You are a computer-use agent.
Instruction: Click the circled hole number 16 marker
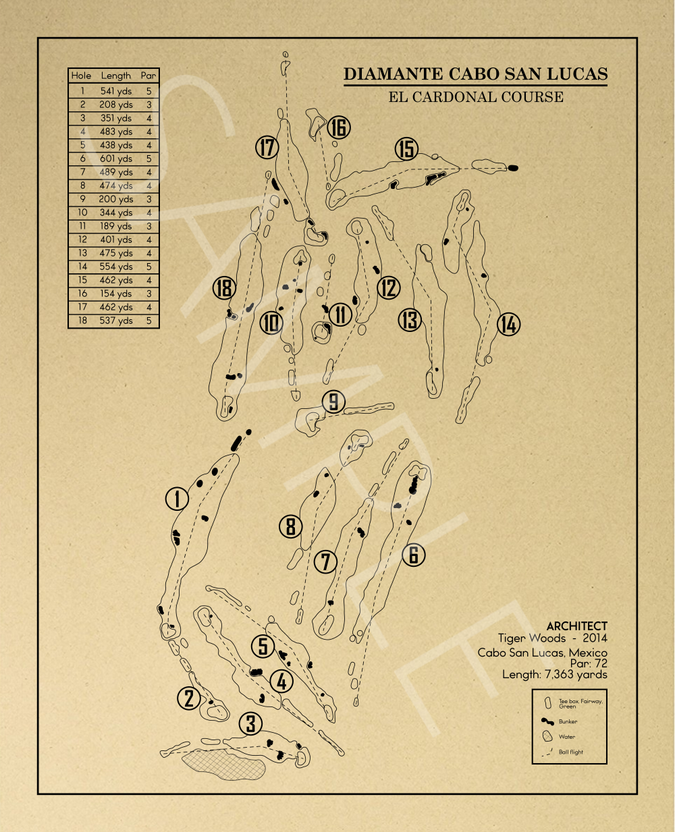tap(339, 128)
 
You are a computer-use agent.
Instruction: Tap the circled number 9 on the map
tap(333, 401)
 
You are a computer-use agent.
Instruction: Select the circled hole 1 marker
tap(177, 499)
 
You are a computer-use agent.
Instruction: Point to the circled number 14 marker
tap(508, 324)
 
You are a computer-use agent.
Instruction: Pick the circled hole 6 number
tap(414, 555)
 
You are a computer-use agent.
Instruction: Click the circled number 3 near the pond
tap(250, 723)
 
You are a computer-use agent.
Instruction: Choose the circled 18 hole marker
tap(224, 288)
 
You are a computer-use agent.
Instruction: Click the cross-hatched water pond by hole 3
tap(224, 765)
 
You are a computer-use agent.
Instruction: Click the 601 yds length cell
tap(116, 159)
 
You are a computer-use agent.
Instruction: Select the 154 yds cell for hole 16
tap(116, 294)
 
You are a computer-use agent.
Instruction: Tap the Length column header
tap(115, 76)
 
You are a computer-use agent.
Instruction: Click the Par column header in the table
tap(148, 76)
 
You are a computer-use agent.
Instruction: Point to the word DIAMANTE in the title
tap(393, 74)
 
